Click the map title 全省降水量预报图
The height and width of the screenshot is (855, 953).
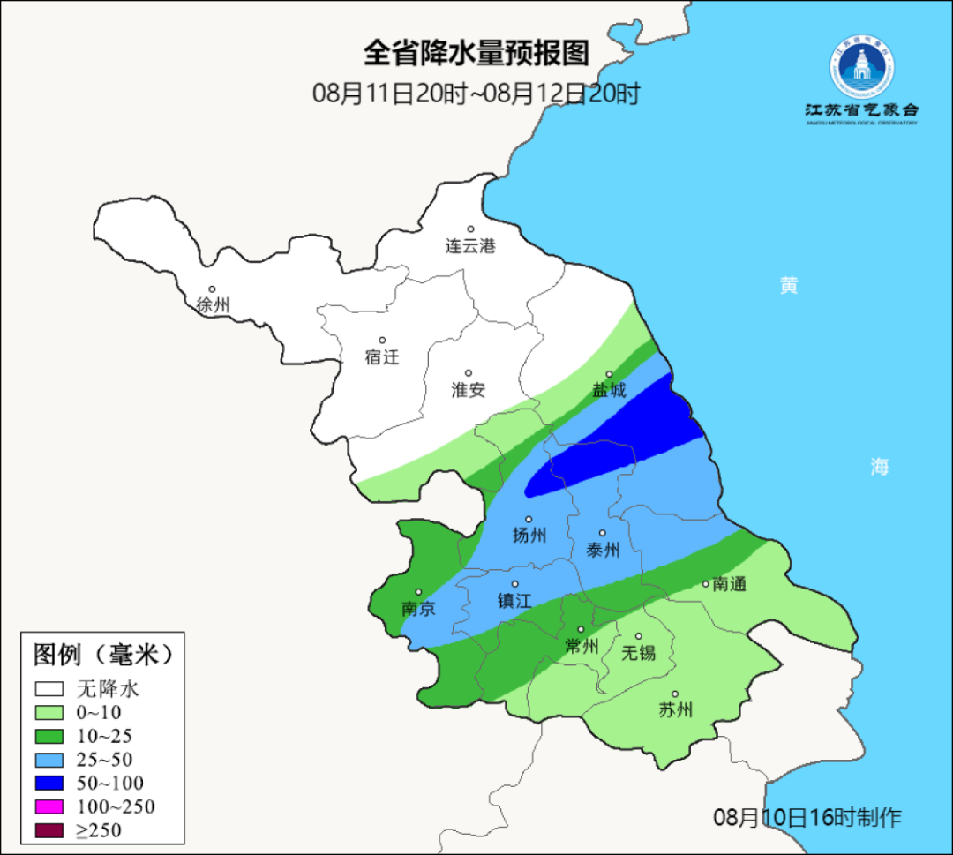coord(476,53)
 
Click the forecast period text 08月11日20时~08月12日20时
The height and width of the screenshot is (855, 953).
coord(476,93)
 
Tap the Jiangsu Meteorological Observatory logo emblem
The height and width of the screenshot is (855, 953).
coord(861,68)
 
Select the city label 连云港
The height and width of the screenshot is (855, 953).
coord(470,246)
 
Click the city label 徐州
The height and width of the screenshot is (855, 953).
coord(213,305)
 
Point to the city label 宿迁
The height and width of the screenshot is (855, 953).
coord(382,357)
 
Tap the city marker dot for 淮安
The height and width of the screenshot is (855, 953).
coord(469,373)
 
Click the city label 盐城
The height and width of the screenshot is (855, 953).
coord(609,390)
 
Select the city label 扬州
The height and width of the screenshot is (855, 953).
coord(529,535)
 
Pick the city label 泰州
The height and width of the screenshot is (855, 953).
coord(603,550)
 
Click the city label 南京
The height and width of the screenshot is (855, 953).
coord(418,609)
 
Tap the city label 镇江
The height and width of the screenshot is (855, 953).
coord(515,600)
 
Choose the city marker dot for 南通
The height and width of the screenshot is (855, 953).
coord(706,583)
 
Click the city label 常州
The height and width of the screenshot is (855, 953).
coord(582,646)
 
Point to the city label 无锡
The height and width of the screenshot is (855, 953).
coord(639,652)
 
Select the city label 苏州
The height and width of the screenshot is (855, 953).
coord(676,710)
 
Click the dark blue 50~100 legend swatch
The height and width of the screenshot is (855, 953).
coord(49,783)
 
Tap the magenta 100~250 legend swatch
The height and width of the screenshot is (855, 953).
coord(49,806)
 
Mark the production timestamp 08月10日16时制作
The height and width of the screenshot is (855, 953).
coord(807,817)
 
